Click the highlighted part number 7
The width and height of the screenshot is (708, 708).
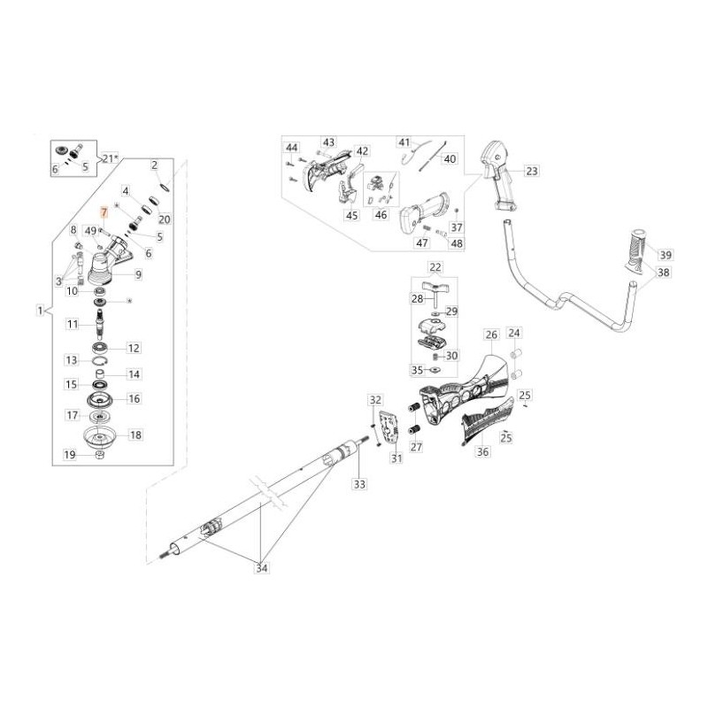pos(104,212)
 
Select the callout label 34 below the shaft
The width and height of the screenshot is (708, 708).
pos(262,567)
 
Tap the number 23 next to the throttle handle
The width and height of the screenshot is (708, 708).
pos(531,171)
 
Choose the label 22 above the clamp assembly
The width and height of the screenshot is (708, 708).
pos(435,267)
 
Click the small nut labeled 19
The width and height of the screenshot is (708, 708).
pos(100,455)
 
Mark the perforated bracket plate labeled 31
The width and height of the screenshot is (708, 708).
pos(388,427)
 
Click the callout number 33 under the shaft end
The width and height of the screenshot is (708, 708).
pos(358,484)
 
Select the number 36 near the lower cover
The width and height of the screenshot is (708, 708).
pos(482,451)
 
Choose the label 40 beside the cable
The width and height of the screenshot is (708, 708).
pos(450,158)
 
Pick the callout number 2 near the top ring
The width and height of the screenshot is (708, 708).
pos(154,165)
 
